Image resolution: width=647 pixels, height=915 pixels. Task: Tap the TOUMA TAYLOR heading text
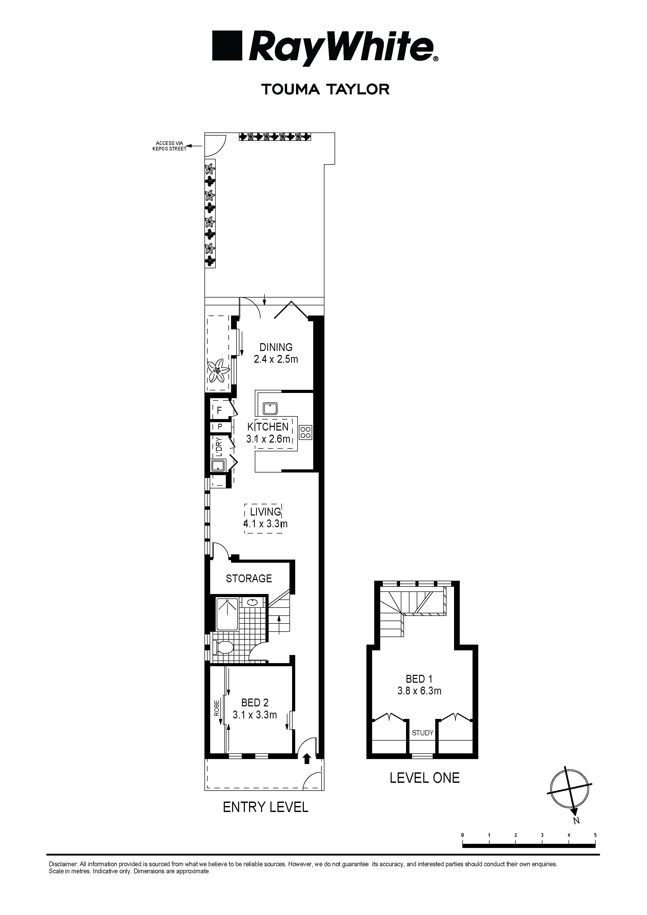(325, 89)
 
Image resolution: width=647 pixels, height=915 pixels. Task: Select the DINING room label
(276, 347)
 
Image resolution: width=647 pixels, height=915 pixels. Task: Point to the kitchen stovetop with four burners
(305, 432)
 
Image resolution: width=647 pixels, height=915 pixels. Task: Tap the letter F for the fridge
(219, 410)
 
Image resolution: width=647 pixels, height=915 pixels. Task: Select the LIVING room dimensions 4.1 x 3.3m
(265, 524)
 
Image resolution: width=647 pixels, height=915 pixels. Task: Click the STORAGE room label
(249, 578)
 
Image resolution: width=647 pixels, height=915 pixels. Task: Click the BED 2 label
(255, 702)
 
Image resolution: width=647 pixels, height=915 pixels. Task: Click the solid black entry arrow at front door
(307, 758)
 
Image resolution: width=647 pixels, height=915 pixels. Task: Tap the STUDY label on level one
(422, 732)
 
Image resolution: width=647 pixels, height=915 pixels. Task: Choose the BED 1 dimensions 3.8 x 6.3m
(419, 691)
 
